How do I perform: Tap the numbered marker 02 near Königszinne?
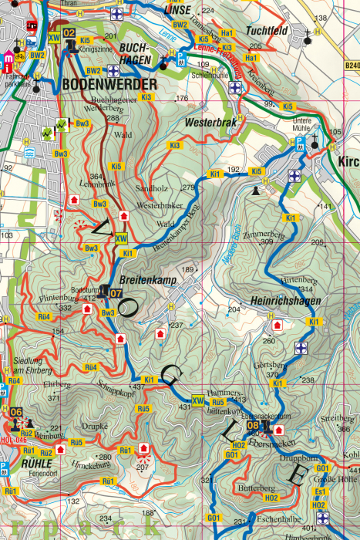click(x=69, y=33)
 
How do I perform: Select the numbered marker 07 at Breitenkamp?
click(x=116, y=293)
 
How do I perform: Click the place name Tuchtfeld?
click(x=267, y=31)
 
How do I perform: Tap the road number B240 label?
click(x=352, y=66)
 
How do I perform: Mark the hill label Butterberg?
click(x=257, y=489)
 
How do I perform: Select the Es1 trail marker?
click(x=319, y=491)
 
